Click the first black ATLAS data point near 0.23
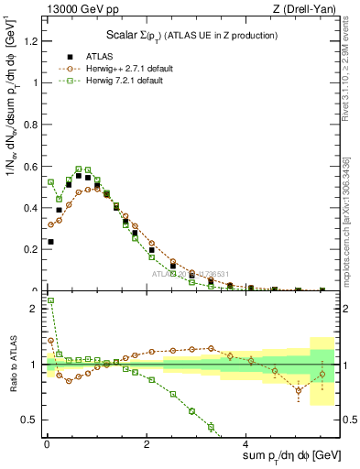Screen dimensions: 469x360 (x=50, y=242)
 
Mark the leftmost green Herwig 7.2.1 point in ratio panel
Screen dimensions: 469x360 (x=50, y=300)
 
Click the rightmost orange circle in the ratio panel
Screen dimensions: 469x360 (x=322, y=374)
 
